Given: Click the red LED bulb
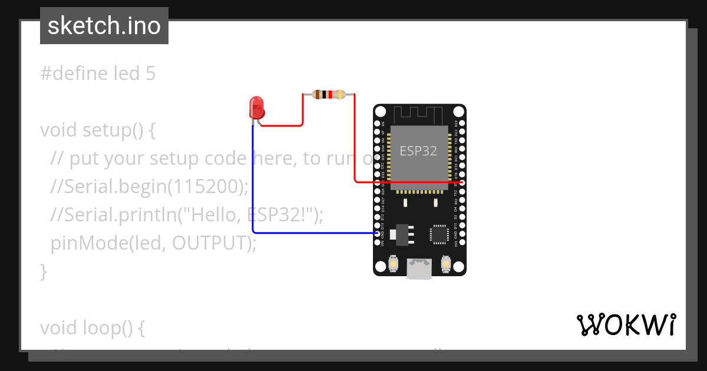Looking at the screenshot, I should click(x=257, y=107).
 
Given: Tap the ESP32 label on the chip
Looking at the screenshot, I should click(x=418, y=150).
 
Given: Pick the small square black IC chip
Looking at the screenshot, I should click(x=439, y=234).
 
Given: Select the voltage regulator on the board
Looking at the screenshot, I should click(x=403, y=233).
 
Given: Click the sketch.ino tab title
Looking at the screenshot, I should click(x=104, y=26).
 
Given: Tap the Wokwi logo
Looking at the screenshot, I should click(x=626, y=325).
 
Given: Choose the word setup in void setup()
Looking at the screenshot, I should click(x=107, y=130).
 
